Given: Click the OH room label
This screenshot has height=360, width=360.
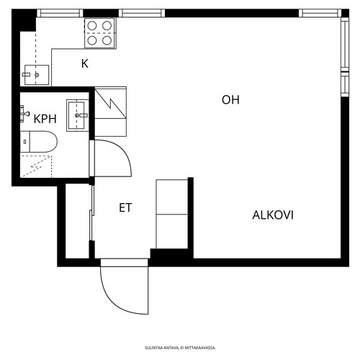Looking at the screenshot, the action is tap(230, 100).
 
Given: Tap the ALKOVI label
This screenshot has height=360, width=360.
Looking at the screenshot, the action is tap(273, 215).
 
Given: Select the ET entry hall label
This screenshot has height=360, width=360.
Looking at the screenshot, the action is tap(125, 208).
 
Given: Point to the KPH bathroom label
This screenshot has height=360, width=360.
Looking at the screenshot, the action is tap(45, 119).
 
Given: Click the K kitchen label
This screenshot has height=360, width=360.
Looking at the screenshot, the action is tap(85, 64).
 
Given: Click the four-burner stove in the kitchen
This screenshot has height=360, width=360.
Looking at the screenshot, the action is tap(100, 33).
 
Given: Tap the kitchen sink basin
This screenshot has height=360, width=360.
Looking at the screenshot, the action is tap(37, 75).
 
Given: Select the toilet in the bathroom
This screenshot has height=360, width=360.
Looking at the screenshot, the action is tap(39, 142).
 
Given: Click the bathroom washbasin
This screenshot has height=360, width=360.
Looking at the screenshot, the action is tap(77, 115).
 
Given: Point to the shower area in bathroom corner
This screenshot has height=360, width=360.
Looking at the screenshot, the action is tap(36, 166).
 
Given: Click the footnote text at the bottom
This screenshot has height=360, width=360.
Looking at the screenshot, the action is tap(180, 348).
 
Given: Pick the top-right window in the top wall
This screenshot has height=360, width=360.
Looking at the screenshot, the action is tap(320, 13).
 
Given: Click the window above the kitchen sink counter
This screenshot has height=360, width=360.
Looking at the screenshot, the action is tap(60, 13).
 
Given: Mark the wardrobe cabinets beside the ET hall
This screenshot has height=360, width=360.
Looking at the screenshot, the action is tap(172, 214).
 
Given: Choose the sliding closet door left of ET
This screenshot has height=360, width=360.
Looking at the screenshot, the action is tap(91, 213).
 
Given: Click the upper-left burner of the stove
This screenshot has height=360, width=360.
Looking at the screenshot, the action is tap(92, 25).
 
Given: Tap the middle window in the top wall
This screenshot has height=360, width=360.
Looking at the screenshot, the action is tap(142, 13).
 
